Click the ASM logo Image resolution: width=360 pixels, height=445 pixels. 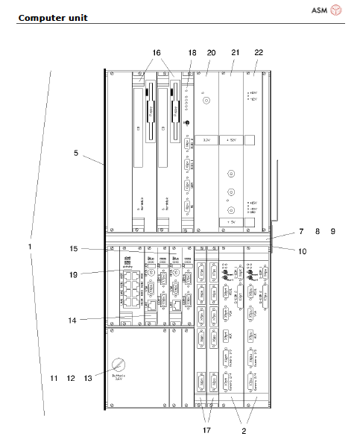[328, 10]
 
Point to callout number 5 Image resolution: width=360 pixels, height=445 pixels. [76, 154]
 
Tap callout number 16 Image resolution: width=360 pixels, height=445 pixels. [157, 53]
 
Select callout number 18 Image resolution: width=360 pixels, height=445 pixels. [192, 53]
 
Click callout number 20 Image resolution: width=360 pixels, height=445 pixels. [211, 53]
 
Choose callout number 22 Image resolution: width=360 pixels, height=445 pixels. [259, 53]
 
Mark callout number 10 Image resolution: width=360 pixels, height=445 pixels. [303, 251]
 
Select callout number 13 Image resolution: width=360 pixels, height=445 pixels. [88, 379]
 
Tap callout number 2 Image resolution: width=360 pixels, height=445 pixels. [243, 429]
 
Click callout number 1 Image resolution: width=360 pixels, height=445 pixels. [30, 246]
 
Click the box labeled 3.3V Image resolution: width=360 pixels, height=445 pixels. [207, 139]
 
